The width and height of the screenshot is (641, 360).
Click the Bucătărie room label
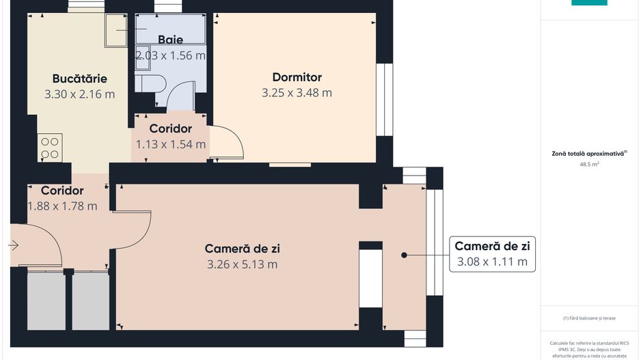79,79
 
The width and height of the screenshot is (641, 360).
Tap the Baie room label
170,40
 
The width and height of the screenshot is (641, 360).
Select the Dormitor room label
297,77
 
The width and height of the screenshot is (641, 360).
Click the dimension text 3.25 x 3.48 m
297,93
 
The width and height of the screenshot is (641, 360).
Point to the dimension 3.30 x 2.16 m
79,94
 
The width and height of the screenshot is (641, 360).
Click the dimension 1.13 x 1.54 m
170,144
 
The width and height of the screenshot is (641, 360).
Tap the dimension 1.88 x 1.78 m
62,206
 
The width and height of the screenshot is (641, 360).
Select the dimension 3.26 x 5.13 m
242,264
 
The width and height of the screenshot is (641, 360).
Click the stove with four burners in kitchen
51,148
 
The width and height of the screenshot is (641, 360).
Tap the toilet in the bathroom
150,83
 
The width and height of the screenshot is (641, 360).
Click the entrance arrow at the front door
14,245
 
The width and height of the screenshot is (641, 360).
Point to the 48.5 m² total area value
588,165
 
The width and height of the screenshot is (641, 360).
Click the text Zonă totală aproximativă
588,154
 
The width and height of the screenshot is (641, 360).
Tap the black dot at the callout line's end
404,255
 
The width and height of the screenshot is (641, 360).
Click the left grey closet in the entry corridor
46,301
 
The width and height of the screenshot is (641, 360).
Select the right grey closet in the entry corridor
91,301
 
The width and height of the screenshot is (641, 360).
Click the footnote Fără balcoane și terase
588,318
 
